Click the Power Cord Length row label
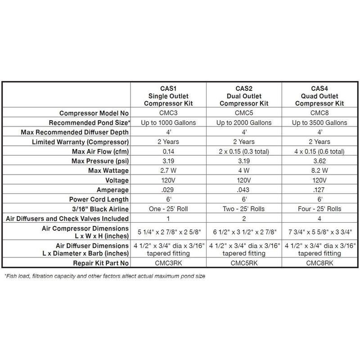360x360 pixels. [x=94, y=199]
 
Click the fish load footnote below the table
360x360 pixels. [x=104, y=276]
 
